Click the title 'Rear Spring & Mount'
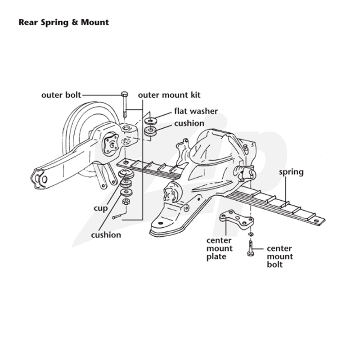tap(63, 22)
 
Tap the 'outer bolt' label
tap(61, 95)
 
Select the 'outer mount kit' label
tap(169, 95)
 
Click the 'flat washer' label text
tap(196, 111)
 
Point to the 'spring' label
tap(291, 172)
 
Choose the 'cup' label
tap(100, 209)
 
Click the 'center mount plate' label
tap(220, 249)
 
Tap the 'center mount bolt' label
tap(280, 256)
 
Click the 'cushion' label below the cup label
tap(106, 235)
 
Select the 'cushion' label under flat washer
tap(189, 123)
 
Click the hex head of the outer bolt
tap(125, 94)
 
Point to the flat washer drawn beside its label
tap(150, 121)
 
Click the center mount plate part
tap(237, 219)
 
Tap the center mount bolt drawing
tap(250, 248)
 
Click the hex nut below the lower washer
tap(126, 202)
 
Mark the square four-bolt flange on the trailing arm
tap(111, 144)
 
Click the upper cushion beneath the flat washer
tap(150, 132)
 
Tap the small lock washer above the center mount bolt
tap(251, 234)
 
